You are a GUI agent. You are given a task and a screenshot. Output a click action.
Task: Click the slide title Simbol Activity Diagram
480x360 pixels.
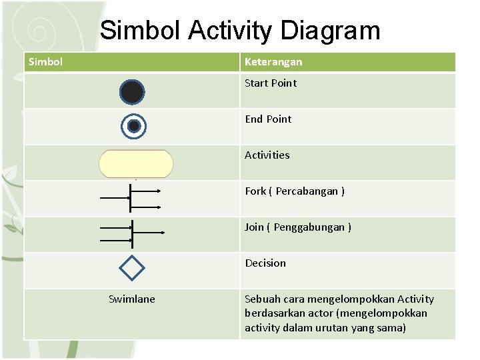(x=240, y=31)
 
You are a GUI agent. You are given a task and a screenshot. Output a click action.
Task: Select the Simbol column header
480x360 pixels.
(x=46, y=62)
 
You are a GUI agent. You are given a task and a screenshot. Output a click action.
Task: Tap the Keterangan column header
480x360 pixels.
(x=273, y=62)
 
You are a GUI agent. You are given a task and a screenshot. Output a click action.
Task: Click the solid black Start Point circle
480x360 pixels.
(x=132, y=92)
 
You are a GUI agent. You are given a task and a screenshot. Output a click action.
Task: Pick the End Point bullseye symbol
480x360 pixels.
(x=133, y=126)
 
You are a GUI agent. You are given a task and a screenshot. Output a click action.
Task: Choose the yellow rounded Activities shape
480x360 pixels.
(x=136, y=163)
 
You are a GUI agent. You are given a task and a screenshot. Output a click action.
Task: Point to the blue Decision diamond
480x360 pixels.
(x=131, y=268)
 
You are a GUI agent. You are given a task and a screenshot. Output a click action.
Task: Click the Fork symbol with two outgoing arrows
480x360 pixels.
(x=131, y=198)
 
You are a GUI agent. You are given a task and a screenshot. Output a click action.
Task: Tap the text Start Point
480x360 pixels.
(x=271, y=83)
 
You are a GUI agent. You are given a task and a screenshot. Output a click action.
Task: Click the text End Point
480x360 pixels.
(x=268, y=119)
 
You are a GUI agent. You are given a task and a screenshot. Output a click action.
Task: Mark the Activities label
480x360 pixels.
(x=267, y=155)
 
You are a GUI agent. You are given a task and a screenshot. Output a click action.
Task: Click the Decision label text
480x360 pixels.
(x=265, y=263)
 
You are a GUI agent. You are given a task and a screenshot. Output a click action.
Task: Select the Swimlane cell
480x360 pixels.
(x=132, y=299)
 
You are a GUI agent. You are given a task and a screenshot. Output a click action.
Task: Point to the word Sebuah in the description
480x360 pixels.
(x=263, y=299)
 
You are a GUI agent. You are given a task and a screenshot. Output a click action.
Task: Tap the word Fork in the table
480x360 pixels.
(x=255, y=191)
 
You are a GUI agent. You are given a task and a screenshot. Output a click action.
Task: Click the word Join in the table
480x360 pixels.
(x=254, y=227)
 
